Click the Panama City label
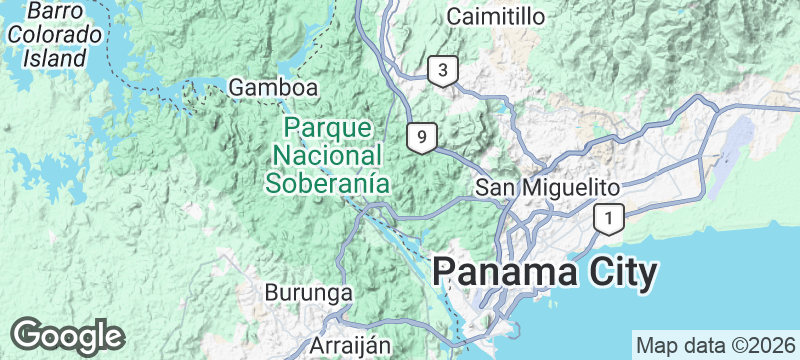pyautogui.click(x=546, y=273)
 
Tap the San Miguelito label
pyautogui.click(x=547, y=187)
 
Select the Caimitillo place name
pyautogui.click(x=496, y=17)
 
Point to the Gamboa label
pyautogui.click(x=274, y=88)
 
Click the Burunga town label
pyautogui.click(x=309, y=294)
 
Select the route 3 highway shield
pyautogui.click(x=441, y=71)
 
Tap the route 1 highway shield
pyautogui.click(x=608, y=216)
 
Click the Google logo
pyautogui.click(x=68, y=335)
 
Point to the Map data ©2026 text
pyautogui.click(x=714, y=345)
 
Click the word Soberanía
pyautogui.click(x=326, y=183)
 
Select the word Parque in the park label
pyautogui.click(x=327, y=129)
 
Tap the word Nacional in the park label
pyautogui.click(x=327, y=156)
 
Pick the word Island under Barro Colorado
pyautogui.click(x=57, y=58)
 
